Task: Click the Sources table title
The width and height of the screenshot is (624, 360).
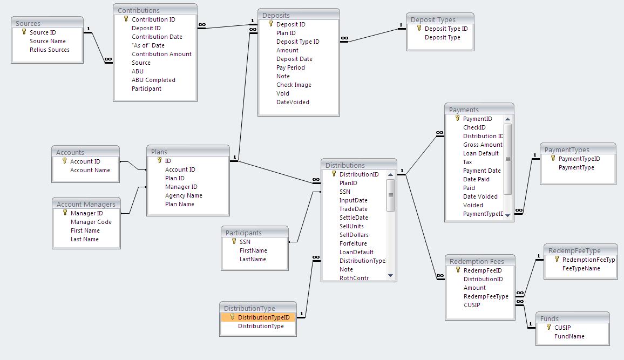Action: pos(28,23)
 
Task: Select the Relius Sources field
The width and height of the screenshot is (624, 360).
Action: pos(49,50)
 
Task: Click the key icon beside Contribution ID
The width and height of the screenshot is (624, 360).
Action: pos(126,19)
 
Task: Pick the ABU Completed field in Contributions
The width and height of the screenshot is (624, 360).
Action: pos(153,80)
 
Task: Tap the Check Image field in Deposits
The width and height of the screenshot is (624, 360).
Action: pos(294,85)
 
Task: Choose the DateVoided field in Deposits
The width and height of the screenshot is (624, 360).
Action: pos(293,102)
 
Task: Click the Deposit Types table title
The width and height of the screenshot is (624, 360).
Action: pos(433,19)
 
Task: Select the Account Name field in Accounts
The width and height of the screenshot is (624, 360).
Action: pos(90,170)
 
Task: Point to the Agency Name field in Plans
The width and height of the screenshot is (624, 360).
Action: pos(184,195)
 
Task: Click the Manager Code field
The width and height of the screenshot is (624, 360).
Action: pos(91,222)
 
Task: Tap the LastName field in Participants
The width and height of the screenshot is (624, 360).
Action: pos(253,259)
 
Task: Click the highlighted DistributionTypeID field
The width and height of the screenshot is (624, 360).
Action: pos(263,317)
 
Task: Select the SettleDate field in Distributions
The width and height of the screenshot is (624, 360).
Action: pos(354,218)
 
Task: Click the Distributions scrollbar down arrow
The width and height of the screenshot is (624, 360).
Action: pos(391,276)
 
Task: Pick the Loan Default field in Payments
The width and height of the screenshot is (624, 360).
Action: pos(480,153)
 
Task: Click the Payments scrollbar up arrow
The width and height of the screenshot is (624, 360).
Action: pos(507,119)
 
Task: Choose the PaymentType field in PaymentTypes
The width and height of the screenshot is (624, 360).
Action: pos(576,167)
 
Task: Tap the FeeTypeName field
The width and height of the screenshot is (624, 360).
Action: pos(581,268)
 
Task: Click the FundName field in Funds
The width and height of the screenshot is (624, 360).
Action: pos(569,336)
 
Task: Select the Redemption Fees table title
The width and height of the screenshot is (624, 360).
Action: pos(477,261)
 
